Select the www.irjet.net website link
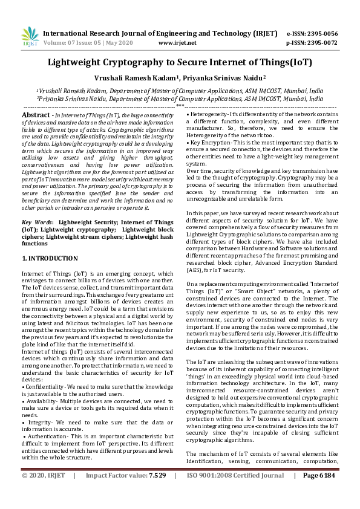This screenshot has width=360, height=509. [x=177, y=44]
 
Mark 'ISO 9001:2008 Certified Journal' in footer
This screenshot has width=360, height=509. [x=240, y=493]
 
